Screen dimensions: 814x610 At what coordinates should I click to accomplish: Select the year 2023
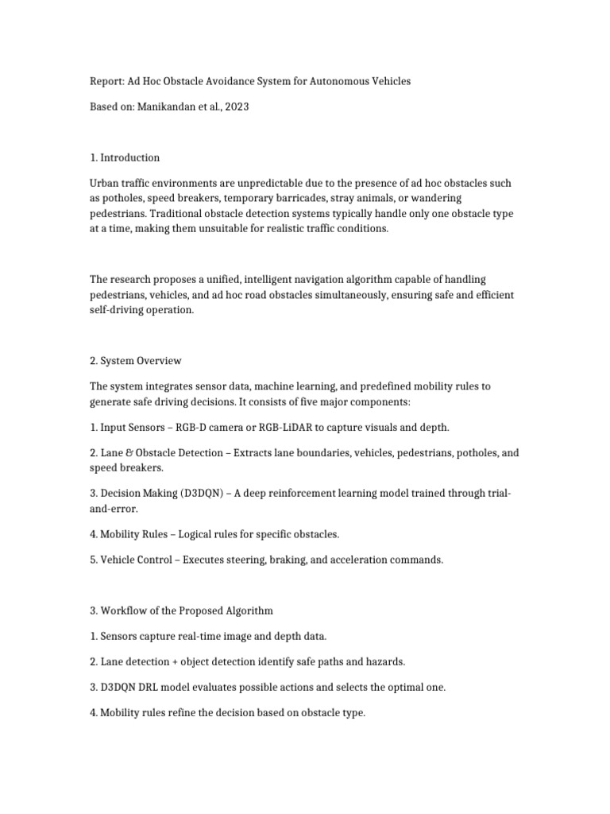(236, 106)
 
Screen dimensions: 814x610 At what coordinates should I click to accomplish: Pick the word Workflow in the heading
(125, 610)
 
